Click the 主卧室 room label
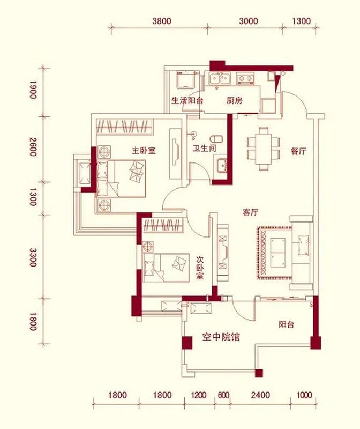(x=144, y=151)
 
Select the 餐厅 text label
(x=298, y=151)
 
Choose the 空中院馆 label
(x=221, y=337)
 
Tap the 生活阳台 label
(x=187, y=100)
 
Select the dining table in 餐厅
(x=263, y=148)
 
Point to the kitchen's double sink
(x=220, y=79)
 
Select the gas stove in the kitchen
(x=246, y=79)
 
